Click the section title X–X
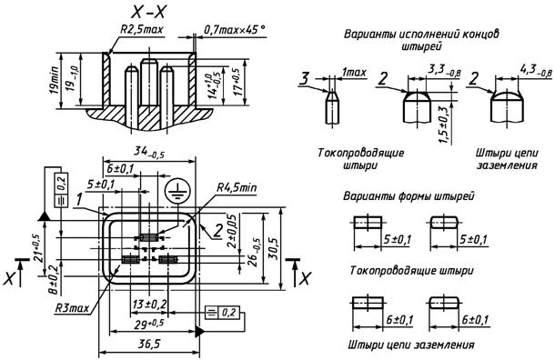coord(148,13)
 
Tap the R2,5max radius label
coord(142,29)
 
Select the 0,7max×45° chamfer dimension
coord(234,29)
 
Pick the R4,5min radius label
coord(237,187)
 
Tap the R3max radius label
coord(72,308)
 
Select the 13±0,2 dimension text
coord(149,305)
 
